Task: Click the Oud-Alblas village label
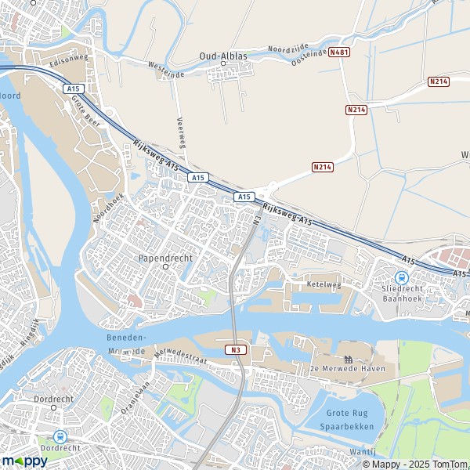[x=222, y=56]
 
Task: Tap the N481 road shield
[x=338, y=52]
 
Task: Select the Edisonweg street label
[x=69, y=59]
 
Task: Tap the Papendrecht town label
[x=165, y=257]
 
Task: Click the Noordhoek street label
[x=108, y=207]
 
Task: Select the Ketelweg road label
[x=325, y=285]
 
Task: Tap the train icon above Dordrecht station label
[x=60, y=436]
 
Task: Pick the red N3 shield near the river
[x=236, y=349]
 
